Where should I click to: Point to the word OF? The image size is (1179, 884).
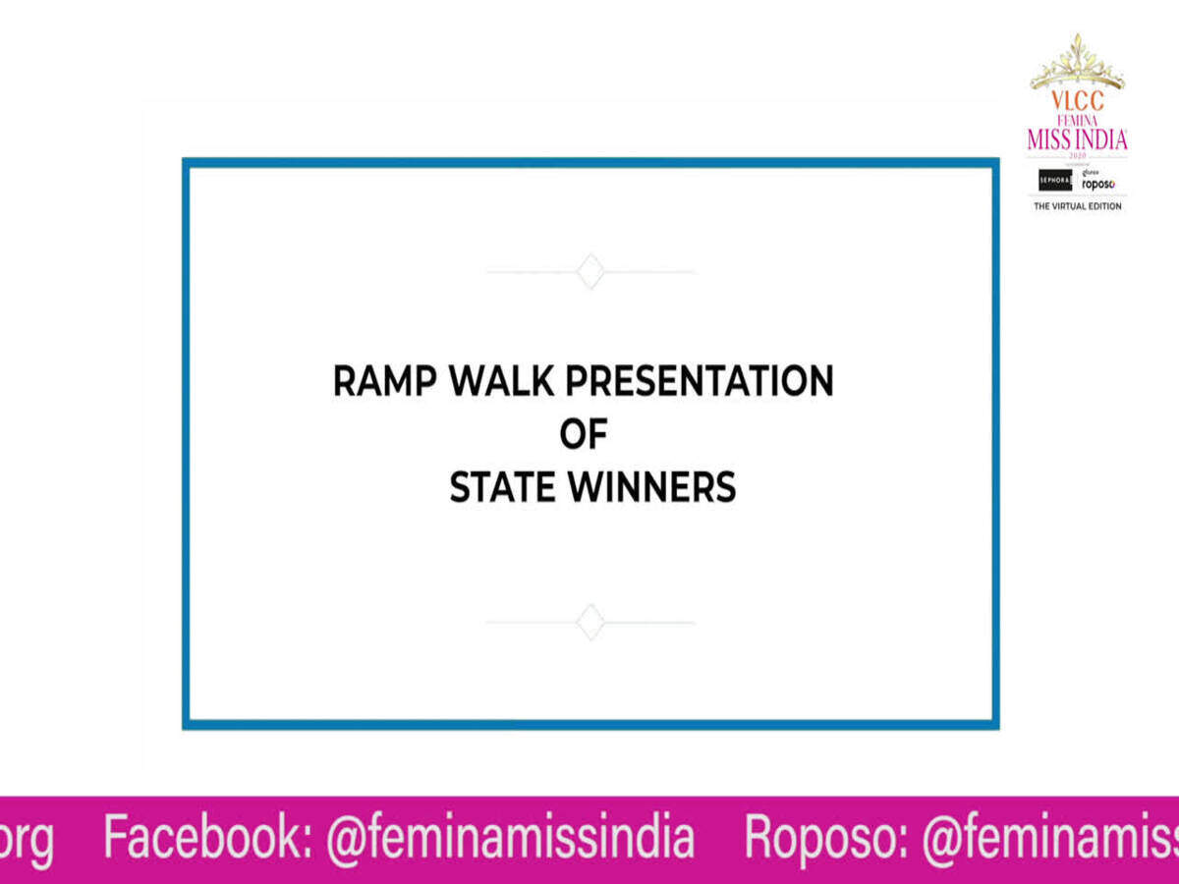(584, 434)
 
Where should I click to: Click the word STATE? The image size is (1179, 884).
(501, 487)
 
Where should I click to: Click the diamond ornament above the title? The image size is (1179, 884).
(589, 271)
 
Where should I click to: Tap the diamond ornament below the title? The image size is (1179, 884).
(589, 622)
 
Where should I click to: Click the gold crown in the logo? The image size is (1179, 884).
(1077, 64)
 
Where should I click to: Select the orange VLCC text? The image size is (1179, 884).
(1077, 100)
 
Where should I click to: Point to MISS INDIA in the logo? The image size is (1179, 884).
(1077, 139)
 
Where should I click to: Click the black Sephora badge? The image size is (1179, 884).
(1055, 181)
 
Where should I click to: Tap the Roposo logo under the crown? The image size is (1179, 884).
(1098, 184)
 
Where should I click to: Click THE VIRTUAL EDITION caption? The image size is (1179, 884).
(1077, 206)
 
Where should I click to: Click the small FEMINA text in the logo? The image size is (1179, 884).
(1077, 119)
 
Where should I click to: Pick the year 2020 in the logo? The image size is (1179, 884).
(1077, 154)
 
